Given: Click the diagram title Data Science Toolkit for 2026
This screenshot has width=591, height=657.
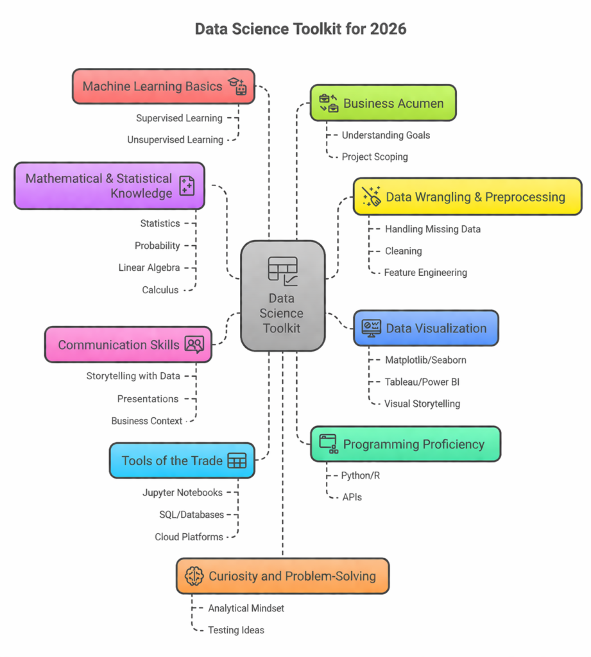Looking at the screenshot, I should (x=300, y=29).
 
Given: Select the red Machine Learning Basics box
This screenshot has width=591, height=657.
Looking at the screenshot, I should (x=163, y=86).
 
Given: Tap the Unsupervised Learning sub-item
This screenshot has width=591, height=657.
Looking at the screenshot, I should (x=175, y=139).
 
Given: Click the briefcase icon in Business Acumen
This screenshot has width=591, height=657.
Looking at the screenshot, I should (x=329, y=103).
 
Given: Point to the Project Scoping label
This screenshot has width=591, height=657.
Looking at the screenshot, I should (x=374, y=157).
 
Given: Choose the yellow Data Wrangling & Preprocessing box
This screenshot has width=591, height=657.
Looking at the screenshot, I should (x=467, y=196).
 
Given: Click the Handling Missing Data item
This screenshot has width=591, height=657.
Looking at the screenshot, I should (x=432, y=229).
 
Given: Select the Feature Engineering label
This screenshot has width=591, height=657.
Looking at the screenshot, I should (x=425, y=273).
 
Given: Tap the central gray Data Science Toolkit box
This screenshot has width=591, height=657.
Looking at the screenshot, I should (x=282, y=296).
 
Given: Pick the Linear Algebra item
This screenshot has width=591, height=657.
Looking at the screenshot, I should (x=149, y=268).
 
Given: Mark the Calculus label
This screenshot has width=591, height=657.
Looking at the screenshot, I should (x=160, y=290).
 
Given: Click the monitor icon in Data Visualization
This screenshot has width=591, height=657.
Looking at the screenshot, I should (x=371, y=328).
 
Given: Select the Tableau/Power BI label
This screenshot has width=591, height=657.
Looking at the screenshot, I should (x=422, y=382).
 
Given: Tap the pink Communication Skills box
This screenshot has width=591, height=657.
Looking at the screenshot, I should (x=128, y=345).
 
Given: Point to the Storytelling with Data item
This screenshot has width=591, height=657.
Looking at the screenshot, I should (x=133, y=376).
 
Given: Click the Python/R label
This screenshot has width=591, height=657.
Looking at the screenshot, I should (x=361, y=475).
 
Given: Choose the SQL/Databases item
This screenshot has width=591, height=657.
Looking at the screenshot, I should (x=191, y=515).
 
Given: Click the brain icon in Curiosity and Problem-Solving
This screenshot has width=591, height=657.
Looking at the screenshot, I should (x=194, y=576).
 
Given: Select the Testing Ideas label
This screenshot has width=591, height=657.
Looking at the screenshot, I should (x=236, y=630).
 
